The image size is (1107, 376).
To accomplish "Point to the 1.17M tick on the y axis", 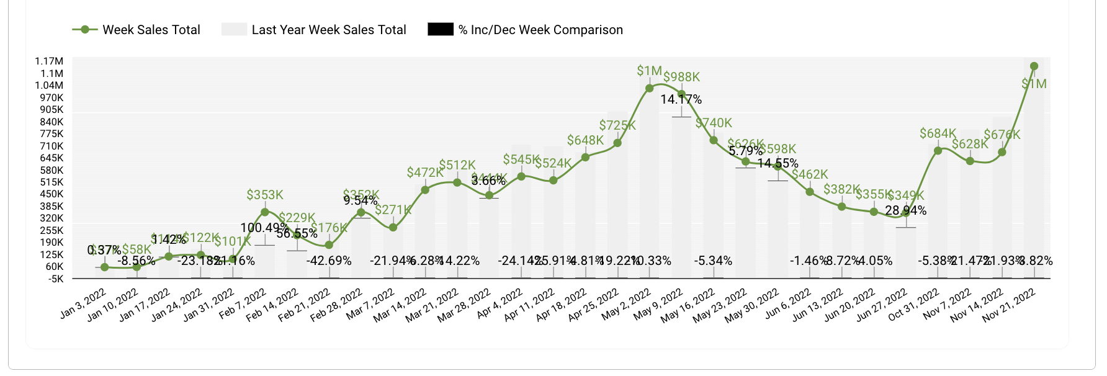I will coord(49,61).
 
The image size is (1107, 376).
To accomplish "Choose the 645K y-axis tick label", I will coord(52,158).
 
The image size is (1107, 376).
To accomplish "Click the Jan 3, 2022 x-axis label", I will coord(84,304).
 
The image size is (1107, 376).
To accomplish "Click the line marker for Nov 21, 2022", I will coord(1034,66).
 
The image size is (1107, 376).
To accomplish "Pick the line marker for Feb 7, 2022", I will coord(265,212).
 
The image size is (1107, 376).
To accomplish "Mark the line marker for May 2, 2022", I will coord(650,88).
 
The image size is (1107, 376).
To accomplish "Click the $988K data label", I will coord(681,77).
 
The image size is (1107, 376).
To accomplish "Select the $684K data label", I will coord(938,133).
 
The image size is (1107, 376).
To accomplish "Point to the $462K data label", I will coord(810,174).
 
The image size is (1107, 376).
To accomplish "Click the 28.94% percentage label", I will coord(906,211).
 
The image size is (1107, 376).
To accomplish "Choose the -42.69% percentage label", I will coord(329,261).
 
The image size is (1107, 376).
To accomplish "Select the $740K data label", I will coord(714,123).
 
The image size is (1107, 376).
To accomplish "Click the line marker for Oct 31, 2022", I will coord(938,150).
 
